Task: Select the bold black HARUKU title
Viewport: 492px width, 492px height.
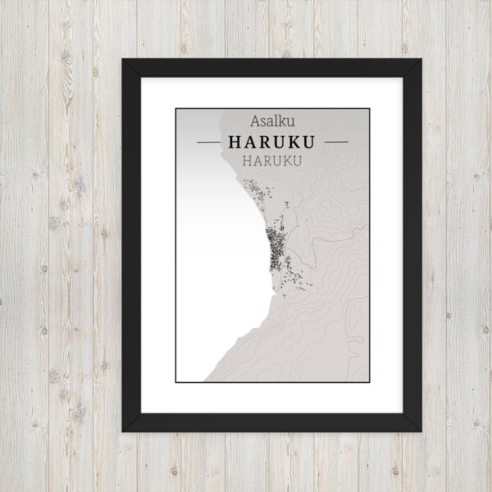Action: coord(272,142)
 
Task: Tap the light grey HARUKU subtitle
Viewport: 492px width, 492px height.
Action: coord(272,160)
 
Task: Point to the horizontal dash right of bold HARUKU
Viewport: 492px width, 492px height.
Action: coord(336,142)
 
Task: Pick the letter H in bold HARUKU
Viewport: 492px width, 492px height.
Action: coord(235,142)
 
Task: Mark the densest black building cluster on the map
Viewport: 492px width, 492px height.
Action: coord(274,249)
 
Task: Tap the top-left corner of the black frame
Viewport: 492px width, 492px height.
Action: coord(124,61)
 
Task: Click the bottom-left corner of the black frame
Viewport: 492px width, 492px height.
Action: coord(124,429)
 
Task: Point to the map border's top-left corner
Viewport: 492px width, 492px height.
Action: coord(175,108)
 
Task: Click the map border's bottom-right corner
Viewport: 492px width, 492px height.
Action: coord(369,381)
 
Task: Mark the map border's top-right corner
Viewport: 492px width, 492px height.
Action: coord(369,108)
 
